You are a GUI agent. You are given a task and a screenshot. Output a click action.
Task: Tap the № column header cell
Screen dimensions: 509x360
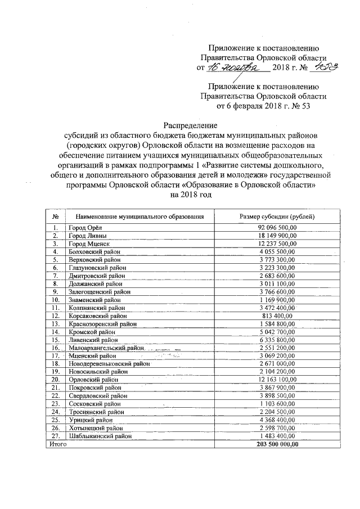(x=56, y=216)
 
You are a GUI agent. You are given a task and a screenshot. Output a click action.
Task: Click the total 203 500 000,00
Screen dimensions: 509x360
(x=276, y=444)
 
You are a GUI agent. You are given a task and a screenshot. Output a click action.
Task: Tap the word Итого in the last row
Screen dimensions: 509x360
(x=57, y=444)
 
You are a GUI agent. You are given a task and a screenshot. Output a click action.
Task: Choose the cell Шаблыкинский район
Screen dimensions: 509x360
(x=100, y=436)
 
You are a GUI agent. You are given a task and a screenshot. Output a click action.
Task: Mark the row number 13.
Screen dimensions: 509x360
(x=56, y=324)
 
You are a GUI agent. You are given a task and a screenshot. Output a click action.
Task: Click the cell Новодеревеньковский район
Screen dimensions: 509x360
(x=108, y=364)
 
